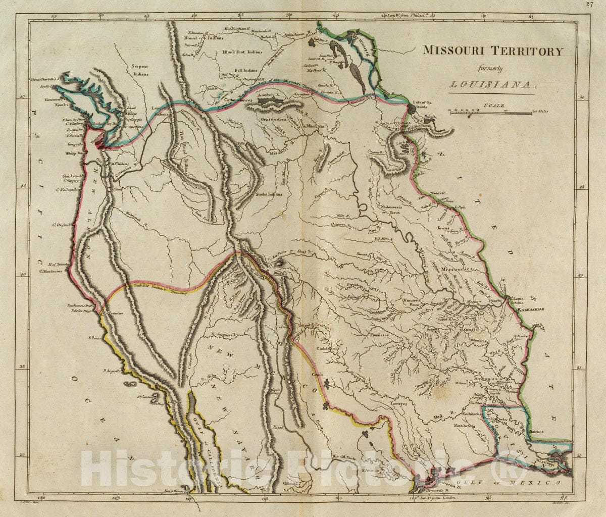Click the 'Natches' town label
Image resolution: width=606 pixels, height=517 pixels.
tap(539, 432)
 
